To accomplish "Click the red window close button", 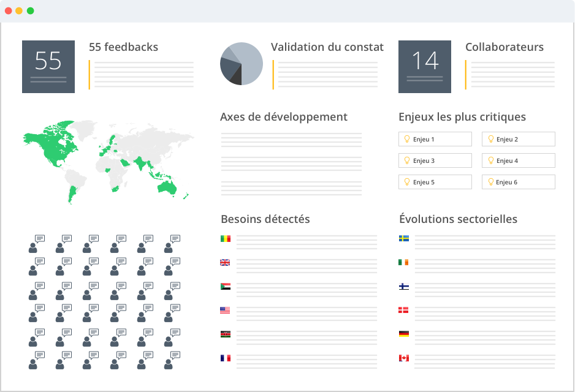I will tap(8, 11).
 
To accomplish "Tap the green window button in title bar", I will tap(30, 11).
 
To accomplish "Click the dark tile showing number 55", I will tap(48, 67).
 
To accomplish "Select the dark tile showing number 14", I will tap(425, 67).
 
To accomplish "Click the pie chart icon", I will tap(242, 64).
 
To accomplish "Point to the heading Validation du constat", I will tap(327, 47).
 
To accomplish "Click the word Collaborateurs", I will tap(505, 47).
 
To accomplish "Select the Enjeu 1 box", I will tap(435, 139).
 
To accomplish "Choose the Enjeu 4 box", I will tap(519, 160).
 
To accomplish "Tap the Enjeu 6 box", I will tap(519, 182).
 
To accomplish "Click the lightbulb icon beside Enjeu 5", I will tap(406, 182).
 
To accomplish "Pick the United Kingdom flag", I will tap(225, 262).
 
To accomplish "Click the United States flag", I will tap(225, 310).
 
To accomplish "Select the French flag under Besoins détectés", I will tap(225, 358).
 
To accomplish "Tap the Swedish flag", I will tap(404, 238).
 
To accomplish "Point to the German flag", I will tap(404, 334).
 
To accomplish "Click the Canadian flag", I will tap(404, 358).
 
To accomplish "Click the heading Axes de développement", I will tap(284, 117).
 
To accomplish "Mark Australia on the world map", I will tap(166, 185).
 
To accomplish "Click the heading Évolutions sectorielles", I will tap(458, 219).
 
